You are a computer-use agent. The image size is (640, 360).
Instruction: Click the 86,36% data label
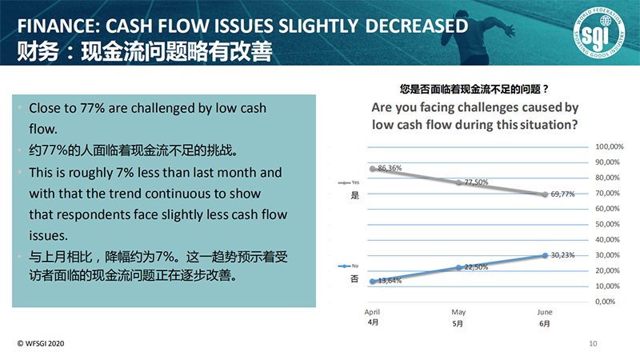(x=390, y=168)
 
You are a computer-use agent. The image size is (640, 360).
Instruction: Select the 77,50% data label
(x=475, y=182)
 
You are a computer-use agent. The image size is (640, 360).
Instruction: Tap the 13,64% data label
(x=390, y=281)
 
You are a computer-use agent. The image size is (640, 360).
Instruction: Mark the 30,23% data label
(x=562, y=254)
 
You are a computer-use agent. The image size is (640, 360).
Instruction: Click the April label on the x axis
(x=372, y=313)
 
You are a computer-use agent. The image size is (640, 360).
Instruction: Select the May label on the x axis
(x=458, y=313)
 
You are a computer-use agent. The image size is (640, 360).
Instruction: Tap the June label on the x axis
(x=545, y=313)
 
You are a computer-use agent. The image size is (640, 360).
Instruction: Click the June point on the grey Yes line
(x=545, y=194)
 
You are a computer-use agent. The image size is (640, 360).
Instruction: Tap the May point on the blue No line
(x=458, y=267)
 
